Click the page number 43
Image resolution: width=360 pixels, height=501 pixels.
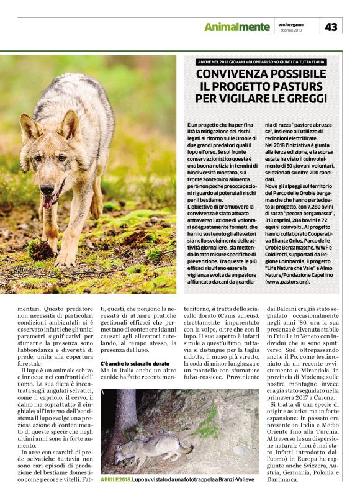pyautogui.click(x=331, y=26)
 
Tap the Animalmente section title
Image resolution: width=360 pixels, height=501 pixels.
pyautogui.click(x=237, y=27)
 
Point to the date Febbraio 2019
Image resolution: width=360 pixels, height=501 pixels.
pyautogui.click(x=289, y=30)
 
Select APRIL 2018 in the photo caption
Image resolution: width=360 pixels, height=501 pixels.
pyautogui.click(x=115, y=479)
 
